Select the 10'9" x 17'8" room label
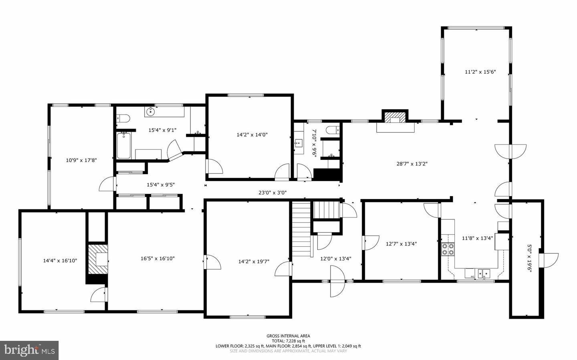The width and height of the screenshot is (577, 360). (x=81, y=160)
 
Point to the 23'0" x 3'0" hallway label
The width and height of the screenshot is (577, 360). (x=272, y=193)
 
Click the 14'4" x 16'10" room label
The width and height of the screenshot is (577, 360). (x=60, y=261)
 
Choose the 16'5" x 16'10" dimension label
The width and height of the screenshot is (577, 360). (x=157, y=259)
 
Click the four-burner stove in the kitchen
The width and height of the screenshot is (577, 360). (x=448, y=249)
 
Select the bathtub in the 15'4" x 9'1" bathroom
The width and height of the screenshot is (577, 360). (x=122, y=146)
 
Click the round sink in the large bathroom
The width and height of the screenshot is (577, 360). (x=151, y=112)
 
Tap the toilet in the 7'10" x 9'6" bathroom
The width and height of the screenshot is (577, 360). (x=333, y=130)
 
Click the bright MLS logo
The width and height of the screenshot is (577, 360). (x=29, y=350)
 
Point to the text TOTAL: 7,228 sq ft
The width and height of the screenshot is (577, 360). (x=288, y=341)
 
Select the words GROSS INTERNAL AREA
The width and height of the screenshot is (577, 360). (x=288, y=336)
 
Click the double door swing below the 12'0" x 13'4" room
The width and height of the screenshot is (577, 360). (x=337, y=282)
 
